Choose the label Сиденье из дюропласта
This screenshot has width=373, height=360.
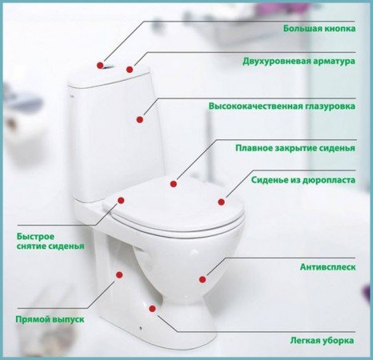pyautogui.click(x=303, y=181)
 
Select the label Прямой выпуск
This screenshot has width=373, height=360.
pyautogui.click(x=50, y=318)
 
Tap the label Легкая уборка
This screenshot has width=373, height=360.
pyautogui.click(x=323, y=340)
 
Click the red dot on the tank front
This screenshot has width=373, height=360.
pyautogui.click(x=140, y=120)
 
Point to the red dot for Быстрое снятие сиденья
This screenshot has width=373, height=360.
pyautogui.click(x=121, y=202)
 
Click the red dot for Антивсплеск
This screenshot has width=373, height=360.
pyautogui.click(x=203, y=279)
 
